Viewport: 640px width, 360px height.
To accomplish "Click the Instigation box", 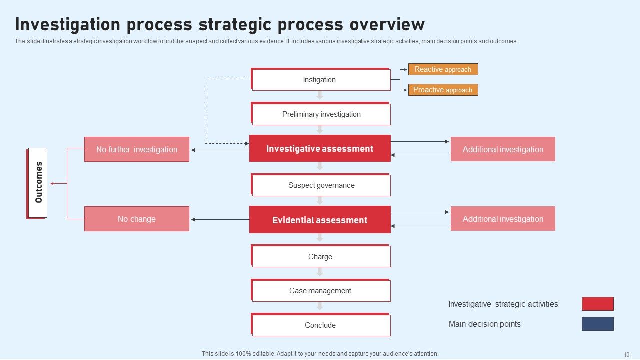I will coord(321,80).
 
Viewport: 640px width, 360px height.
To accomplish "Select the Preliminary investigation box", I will coord(321,114).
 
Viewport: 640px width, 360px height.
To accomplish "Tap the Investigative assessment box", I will coord(320,149).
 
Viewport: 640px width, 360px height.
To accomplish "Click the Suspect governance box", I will coord(321,185).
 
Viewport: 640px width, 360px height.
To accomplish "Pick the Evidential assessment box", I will coord(320,220).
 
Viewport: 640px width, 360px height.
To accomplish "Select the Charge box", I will coord(321,257).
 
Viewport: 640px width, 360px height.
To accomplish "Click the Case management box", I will coord(321,291).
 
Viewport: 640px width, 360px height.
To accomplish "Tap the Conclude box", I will coord(321,325).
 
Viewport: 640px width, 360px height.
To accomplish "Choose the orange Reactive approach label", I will coord(443,69).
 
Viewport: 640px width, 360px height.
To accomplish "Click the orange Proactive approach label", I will coord(443,90).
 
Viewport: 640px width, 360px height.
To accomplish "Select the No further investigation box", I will coord(137,149).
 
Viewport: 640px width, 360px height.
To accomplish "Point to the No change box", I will coord(137,219).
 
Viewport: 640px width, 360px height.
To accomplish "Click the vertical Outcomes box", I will coord(38,183).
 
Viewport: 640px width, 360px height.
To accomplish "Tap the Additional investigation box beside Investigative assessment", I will coord(503,149).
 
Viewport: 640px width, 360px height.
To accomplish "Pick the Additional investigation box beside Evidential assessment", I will coord(503,219).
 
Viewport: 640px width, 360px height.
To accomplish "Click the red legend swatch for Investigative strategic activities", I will coord(597,304).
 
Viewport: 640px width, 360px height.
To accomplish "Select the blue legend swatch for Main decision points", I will coord(597,324).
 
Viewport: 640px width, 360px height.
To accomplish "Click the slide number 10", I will coord(626,354).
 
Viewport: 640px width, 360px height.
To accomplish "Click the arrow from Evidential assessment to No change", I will coord(220,220).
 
